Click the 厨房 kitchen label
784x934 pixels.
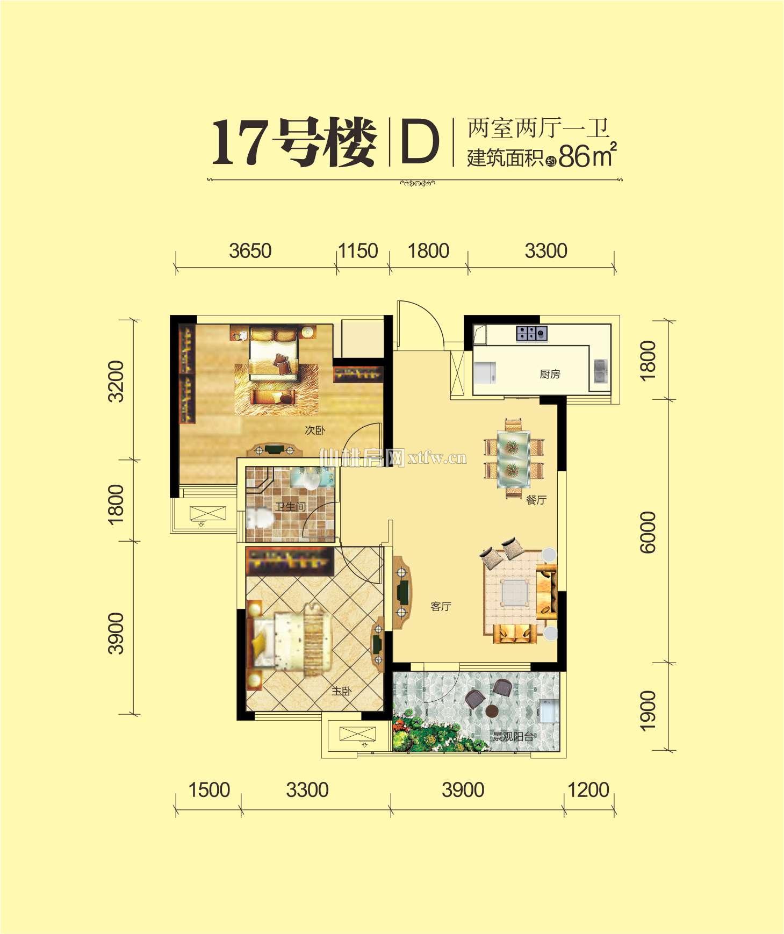coord(550,374)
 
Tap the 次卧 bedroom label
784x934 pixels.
coord(315,430)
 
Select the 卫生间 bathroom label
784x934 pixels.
coord(291,506)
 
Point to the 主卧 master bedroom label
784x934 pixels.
coord(341,691)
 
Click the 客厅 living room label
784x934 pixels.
coord(441,607)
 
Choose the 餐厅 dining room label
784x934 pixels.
coord(536,500)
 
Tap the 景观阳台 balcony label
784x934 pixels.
coord(513,737)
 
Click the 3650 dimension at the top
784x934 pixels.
coord(250,251)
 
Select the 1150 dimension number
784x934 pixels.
coord(358,251)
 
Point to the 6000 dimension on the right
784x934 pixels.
coord(649,532)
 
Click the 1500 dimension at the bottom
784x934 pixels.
coord(209,790)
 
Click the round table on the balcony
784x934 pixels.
coord(492,711)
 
